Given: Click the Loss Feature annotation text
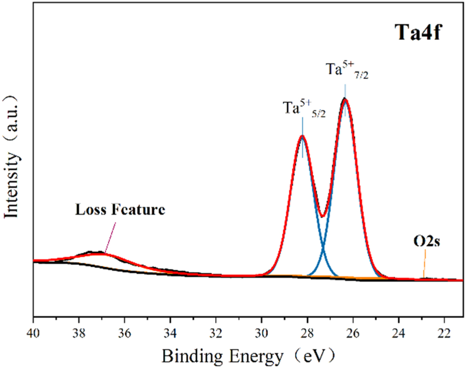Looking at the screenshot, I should pos(120,210).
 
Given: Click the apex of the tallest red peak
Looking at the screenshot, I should pos(345,99).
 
